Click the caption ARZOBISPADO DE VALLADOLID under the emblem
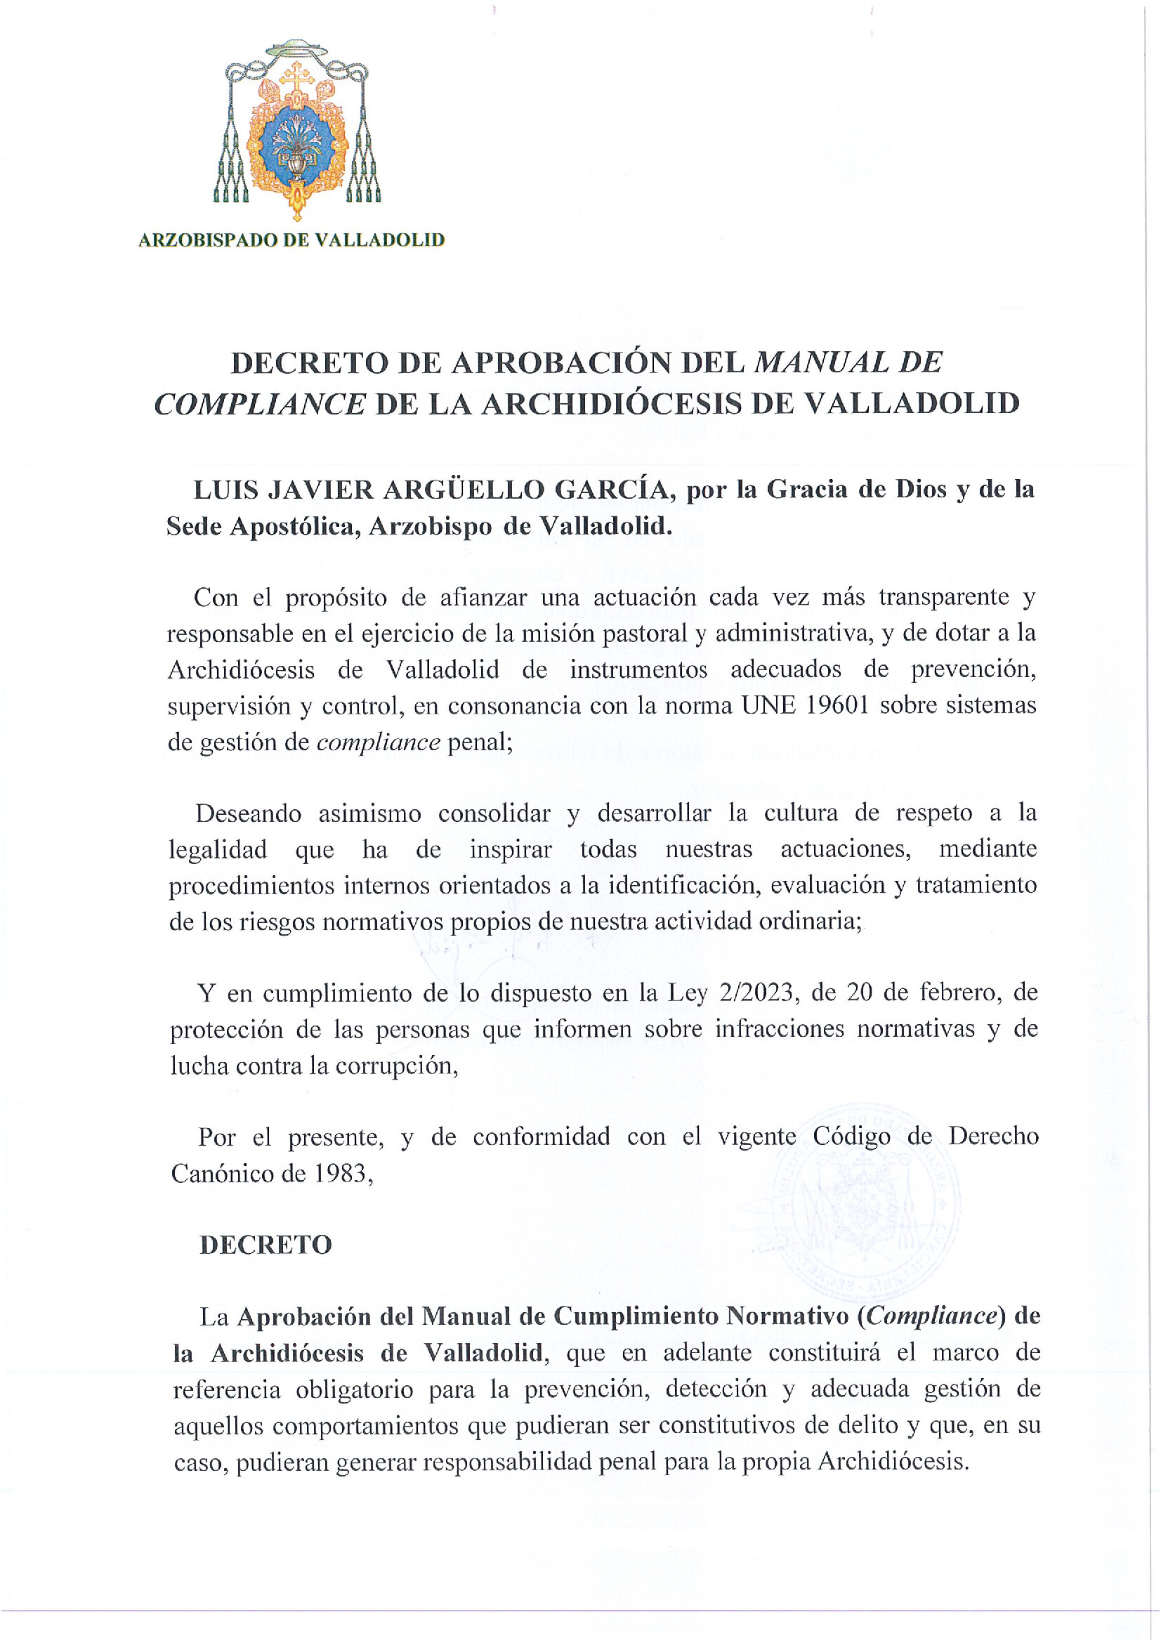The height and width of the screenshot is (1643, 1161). click(291, 240)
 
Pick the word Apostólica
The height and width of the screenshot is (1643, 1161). click(294, 527)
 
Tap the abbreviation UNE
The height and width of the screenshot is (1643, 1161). click(769, 705)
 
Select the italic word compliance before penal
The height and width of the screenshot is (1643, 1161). click(378, 742)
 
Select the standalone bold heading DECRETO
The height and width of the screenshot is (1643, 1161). click(265, 1246)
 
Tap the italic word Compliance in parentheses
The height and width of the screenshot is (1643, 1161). click(930, 1316)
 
